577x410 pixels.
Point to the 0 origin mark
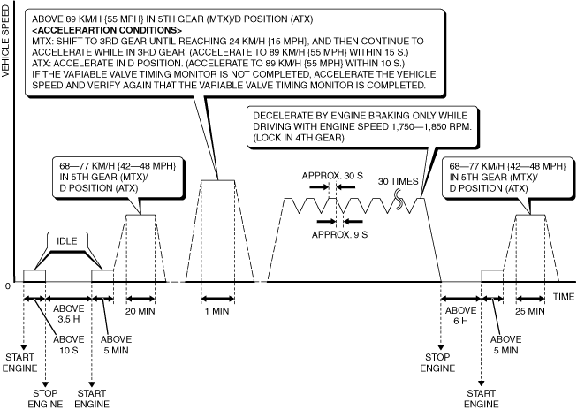tap(8, 285)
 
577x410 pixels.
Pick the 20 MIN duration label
tap(140, 312)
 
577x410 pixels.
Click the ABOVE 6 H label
tap(460, 316)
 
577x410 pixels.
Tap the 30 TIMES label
tap(398, 180)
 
